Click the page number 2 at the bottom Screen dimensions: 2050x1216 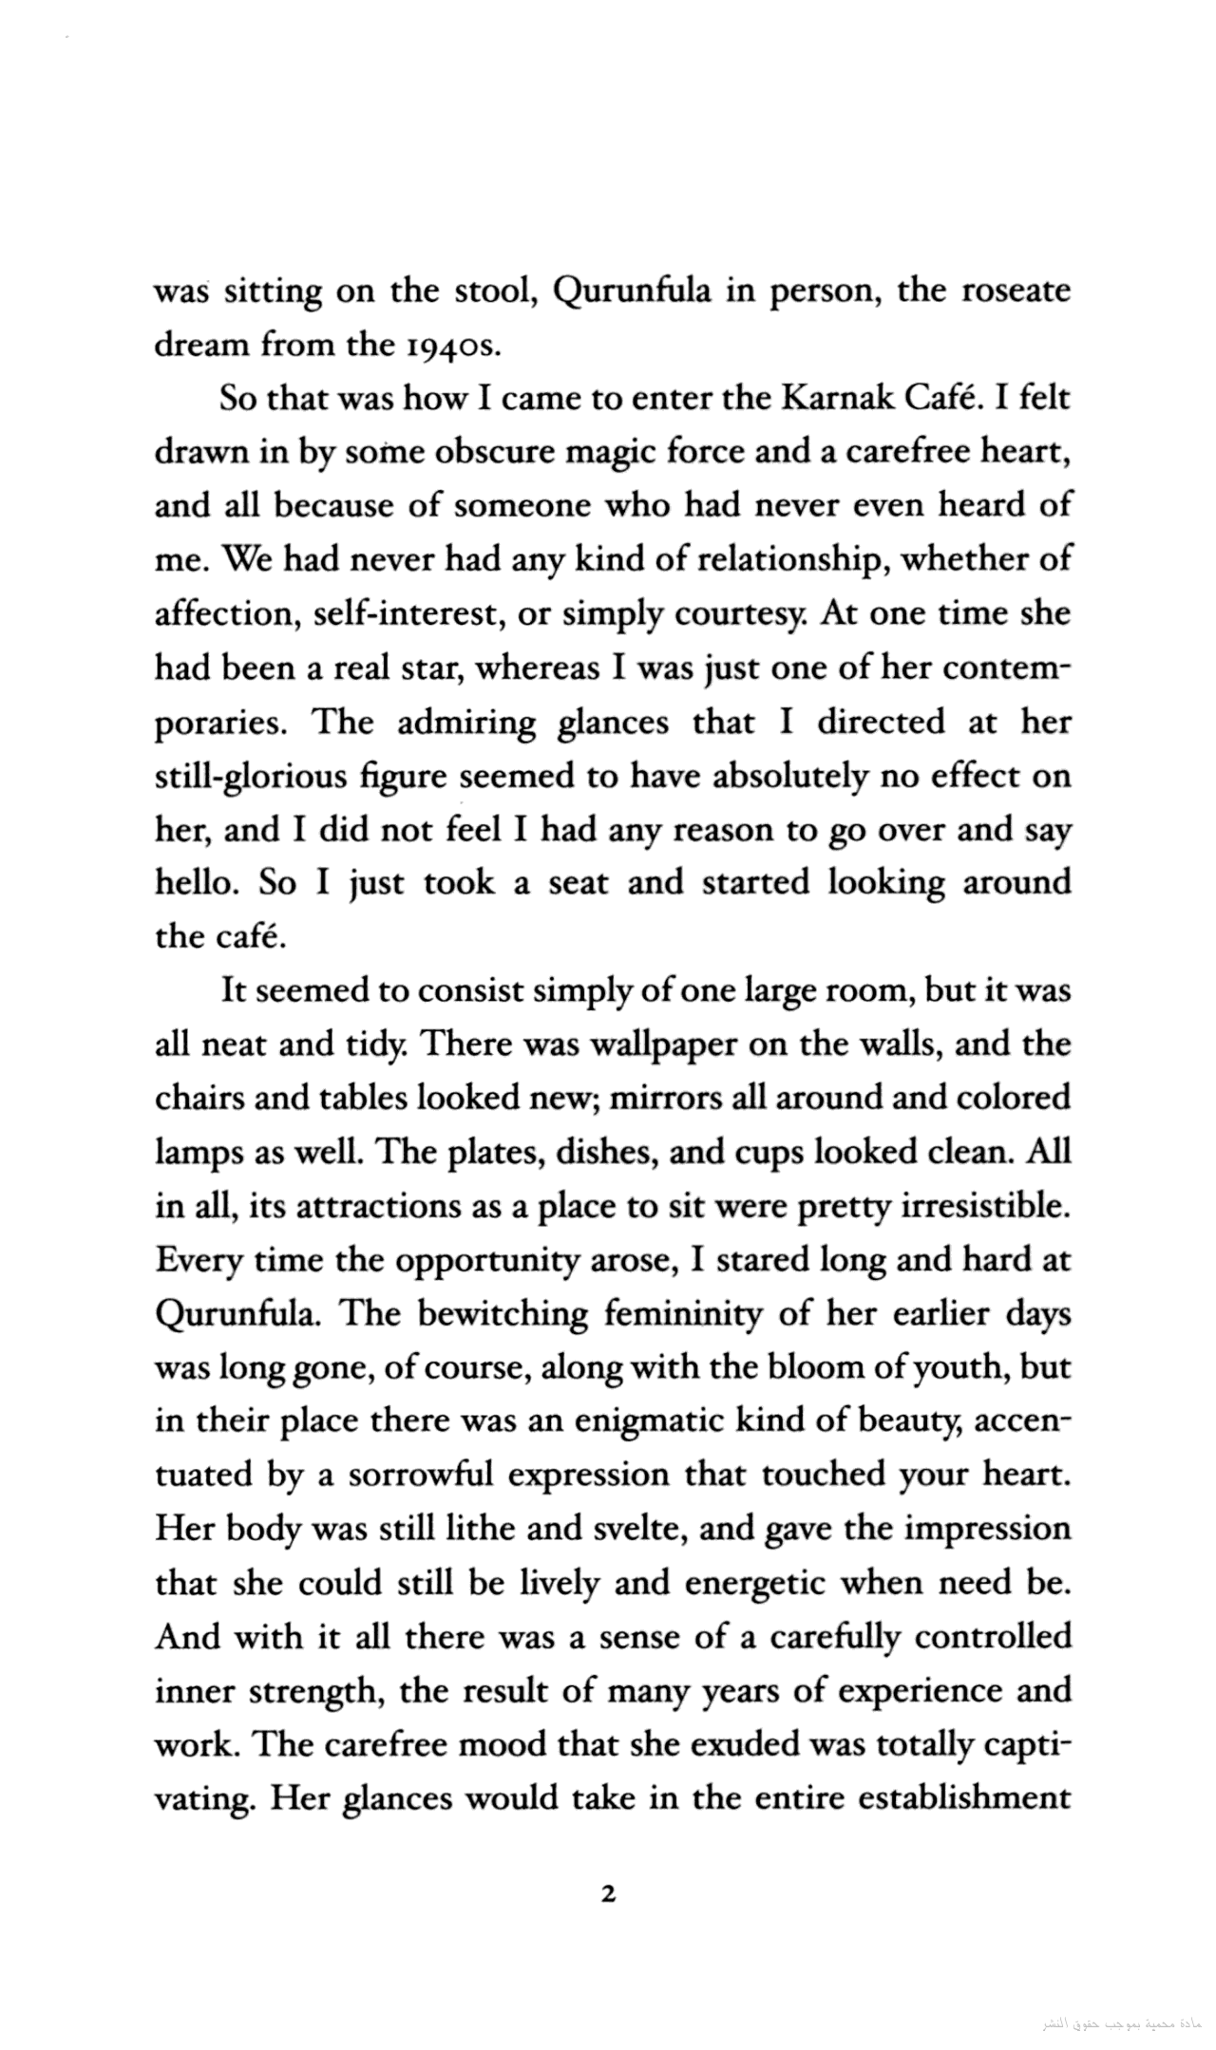(x=609, y=1894)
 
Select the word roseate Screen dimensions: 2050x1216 (x=1017, y=291)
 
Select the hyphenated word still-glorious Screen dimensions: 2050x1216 (x=250, y=776)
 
